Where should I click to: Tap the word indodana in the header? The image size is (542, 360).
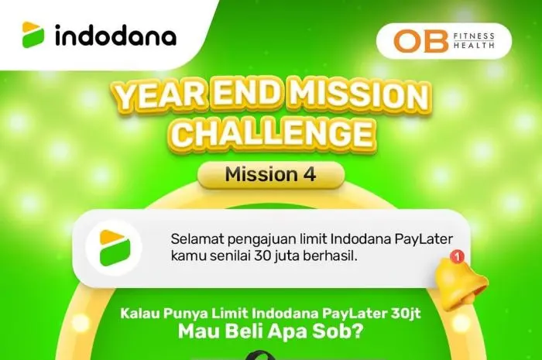(115, 36)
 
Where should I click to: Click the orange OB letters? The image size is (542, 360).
(419, 41)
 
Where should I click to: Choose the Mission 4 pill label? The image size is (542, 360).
(270, 175)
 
